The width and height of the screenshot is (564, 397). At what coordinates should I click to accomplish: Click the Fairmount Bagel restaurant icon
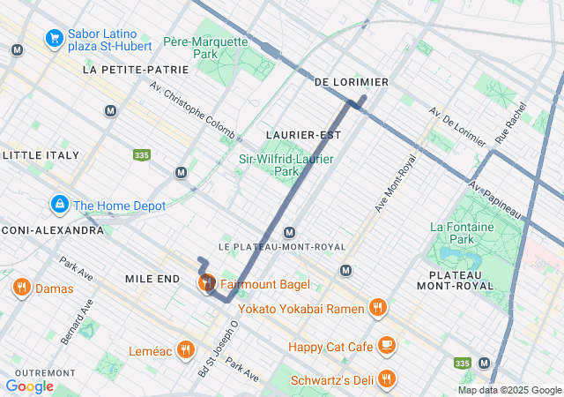coord(206,283)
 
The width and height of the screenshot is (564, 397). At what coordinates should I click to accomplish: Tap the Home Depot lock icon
coord(59,206)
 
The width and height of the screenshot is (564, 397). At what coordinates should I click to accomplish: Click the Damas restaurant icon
coord(21,288)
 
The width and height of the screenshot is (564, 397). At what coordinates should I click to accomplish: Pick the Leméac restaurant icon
coord(184,349)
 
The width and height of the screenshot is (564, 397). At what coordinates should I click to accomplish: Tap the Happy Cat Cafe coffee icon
coord(386,346)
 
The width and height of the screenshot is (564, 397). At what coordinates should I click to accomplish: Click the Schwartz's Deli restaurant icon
coord(386,380)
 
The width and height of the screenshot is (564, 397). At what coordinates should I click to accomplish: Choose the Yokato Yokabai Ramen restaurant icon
coord(377,307)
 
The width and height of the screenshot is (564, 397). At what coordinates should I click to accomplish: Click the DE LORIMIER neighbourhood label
coord(352,82)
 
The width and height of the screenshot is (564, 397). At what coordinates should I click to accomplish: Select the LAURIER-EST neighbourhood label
coord(303,134)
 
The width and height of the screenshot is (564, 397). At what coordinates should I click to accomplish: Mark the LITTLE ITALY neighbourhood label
coord(41,154)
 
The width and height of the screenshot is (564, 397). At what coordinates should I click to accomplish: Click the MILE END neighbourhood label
coord(152,278)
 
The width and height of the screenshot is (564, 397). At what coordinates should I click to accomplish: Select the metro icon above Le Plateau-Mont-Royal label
coord(289,232)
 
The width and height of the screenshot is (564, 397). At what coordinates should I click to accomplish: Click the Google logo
coord(29,386)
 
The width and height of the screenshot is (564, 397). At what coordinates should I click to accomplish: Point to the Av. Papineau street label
coord(494,201)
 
